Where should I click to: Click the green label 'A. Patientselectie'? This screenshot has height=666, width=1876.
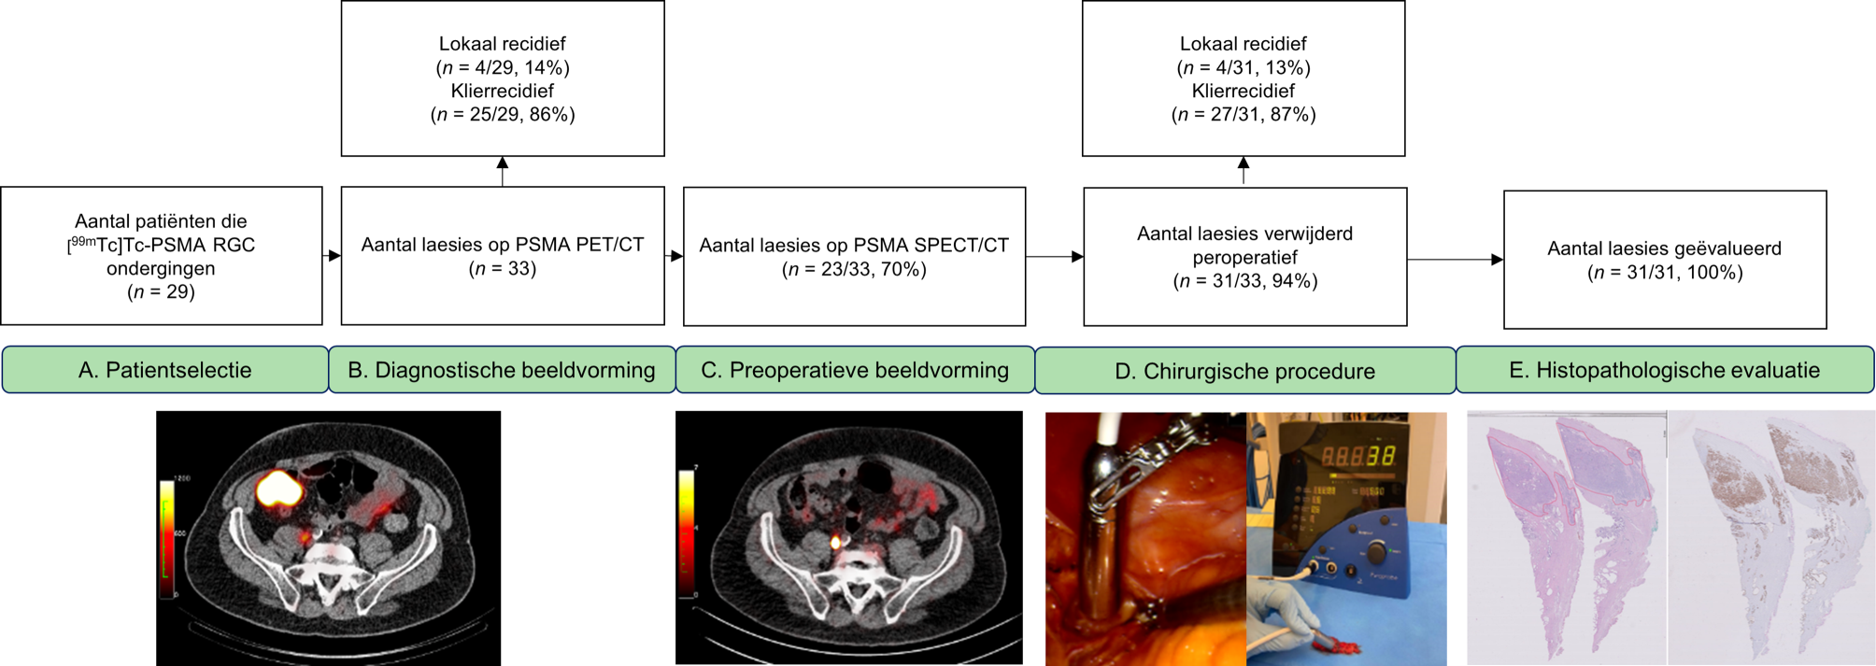coord(164,370)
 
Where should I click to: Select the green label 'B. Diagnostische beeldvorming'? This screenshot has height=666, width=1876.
coord(502,370)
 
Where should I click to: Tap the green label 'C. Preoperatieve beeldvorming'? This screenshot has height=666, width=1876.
coord(855,370)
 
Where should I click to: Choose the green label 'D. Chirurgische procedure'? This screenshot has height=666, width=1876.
coord(1244,371)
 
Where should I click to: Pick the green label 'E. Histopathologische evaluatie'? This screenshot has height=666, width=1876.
coord(1664,370)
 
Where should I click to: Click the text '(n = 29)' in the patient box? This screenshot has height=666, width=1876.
coord(161,291)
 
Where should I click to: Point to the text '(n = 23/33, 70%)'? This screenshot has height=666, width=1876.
coord(854,269)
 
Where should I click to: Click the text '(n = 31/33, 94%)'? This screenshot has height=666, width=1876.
coord(1244,280)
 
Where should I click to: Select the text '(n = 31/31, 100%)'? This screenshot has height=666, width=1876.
coord(1665,272)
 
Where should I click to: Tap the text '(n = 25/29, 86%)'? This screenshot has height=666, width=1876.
coord(503,114)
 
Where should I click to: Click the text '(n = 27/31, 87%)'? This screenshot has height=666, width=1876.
coord(1244,114)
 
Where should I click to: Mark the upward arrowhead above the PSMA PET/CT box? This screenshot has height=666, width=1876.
coord(503,163)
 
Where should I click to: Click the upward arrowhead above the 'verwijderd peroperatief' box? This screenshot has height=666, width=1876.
coord(1244,163)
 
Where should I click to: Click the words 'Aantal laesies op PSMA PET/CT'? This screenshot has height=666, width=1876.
coord(503,245)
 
